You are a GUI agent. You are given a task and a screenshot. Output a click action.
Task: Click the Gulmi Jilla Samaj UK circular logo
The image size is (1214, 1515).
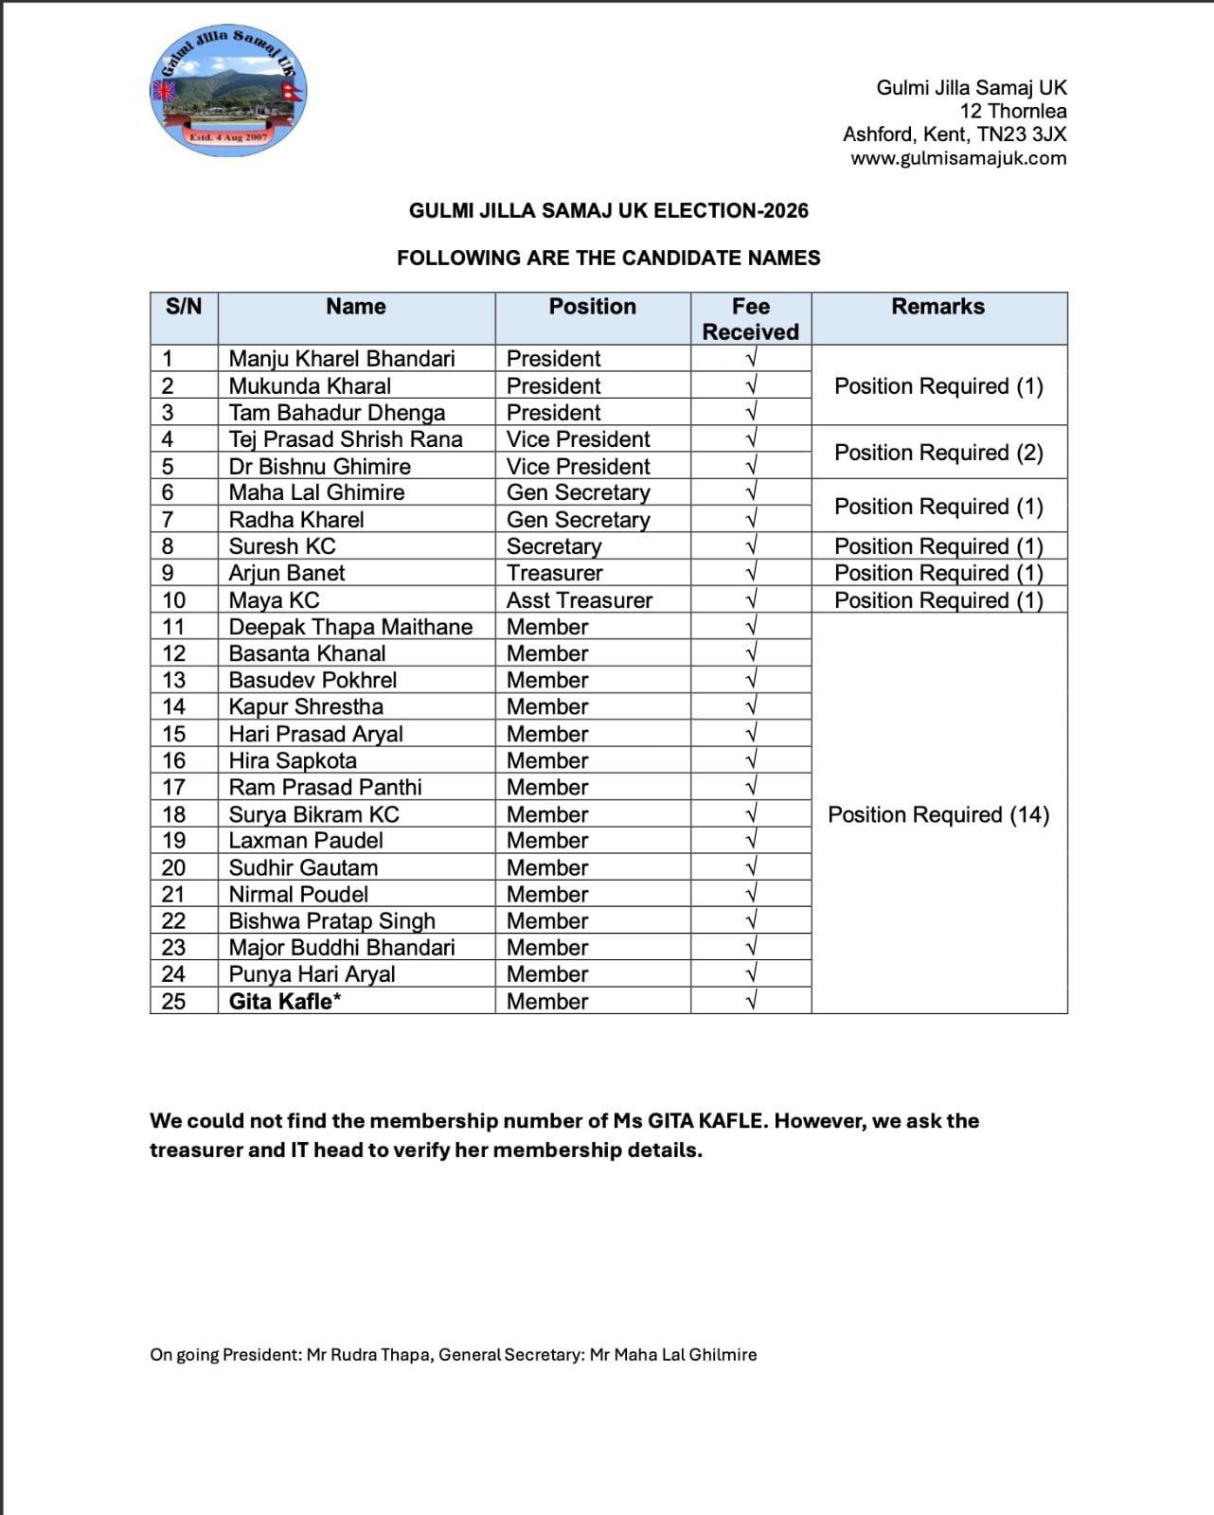(x=229, y=92)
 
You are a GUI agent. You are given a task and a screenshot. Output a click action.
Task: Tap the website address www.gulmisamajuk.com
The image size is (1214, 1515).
(x=958, y=158)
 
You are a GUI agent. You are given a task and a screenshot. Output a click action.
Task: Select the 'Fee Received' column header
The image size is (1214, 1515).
(x=750, y=318)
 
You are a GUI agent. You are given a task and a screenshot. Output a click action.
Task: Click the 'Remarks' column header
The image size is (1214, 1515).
(x=937, y=306)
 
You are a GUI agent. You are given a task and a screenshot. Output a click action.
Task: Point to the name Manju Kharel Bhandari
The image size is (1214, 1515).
(x=342, y=358)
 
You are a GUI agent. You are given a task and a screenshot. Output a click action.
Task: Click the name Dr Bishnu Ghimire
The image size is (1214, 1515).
(x=320, y=466)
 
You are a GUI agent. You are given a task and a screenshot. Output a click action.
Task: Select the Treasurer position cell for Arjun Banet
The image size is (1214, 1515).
(x=554, y=573)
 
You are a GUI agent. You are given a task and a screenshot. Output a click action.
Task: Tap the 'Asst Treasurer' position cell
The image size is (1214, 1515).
(x=579, y=600)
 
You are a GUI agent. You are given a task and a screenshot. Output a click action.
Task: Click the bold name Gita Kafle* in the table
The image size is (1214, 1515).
(x=285, y=1001)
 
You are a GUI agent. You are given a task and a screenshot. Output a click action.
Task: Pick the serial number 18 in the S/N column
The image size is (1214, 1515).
(x=174, y=814)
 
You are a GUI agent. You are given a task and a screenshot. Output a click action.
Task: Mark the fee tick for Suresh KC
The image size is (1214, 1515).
(x=751, y=546)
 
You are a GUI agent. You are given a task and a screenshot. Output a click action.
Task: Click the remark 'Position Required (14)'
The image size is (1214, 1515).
(x=938, y=814)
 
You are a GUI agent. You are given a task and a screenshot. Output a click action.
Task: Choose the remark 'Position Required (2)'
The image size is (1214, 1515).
(x=938, y=453)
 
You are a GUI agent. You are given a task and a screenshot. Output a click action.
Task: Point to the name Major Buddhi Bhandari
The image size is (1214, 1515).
(x=342, y=947)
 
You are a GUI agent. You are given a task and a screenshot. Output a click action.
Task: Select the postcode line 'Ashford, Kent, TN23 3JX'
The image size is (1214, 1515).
(x=955, y=134)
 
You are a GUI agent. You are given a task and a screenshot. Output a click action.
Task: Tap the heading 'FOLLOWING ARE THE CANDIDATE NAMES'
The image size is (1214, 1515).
(x=608, y=258)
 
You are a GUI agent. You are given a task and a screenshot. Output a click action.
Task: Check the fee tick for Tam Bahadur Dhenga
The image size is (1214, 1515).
(x=751, y=413)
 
